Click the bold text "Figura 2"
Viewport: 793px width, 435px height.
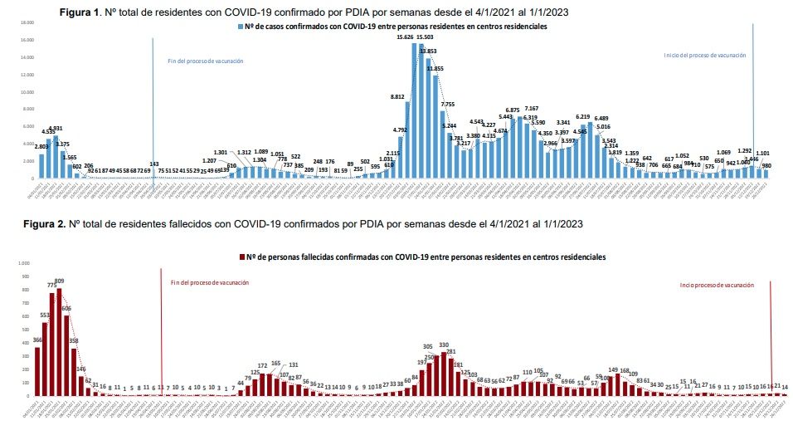coord(42,224)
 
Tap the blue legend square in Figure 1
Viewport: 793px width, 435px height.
coord(239,27)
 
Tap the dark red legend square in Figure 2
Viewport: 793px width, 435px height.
coord(241,257)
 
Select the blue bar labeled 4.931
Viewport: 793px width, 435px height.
coord(56,158)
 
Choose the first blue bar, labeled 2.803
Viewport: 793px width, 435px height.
coord(41,167)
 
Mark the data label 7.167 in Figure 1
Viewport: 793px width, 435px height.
coord(531,109)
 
